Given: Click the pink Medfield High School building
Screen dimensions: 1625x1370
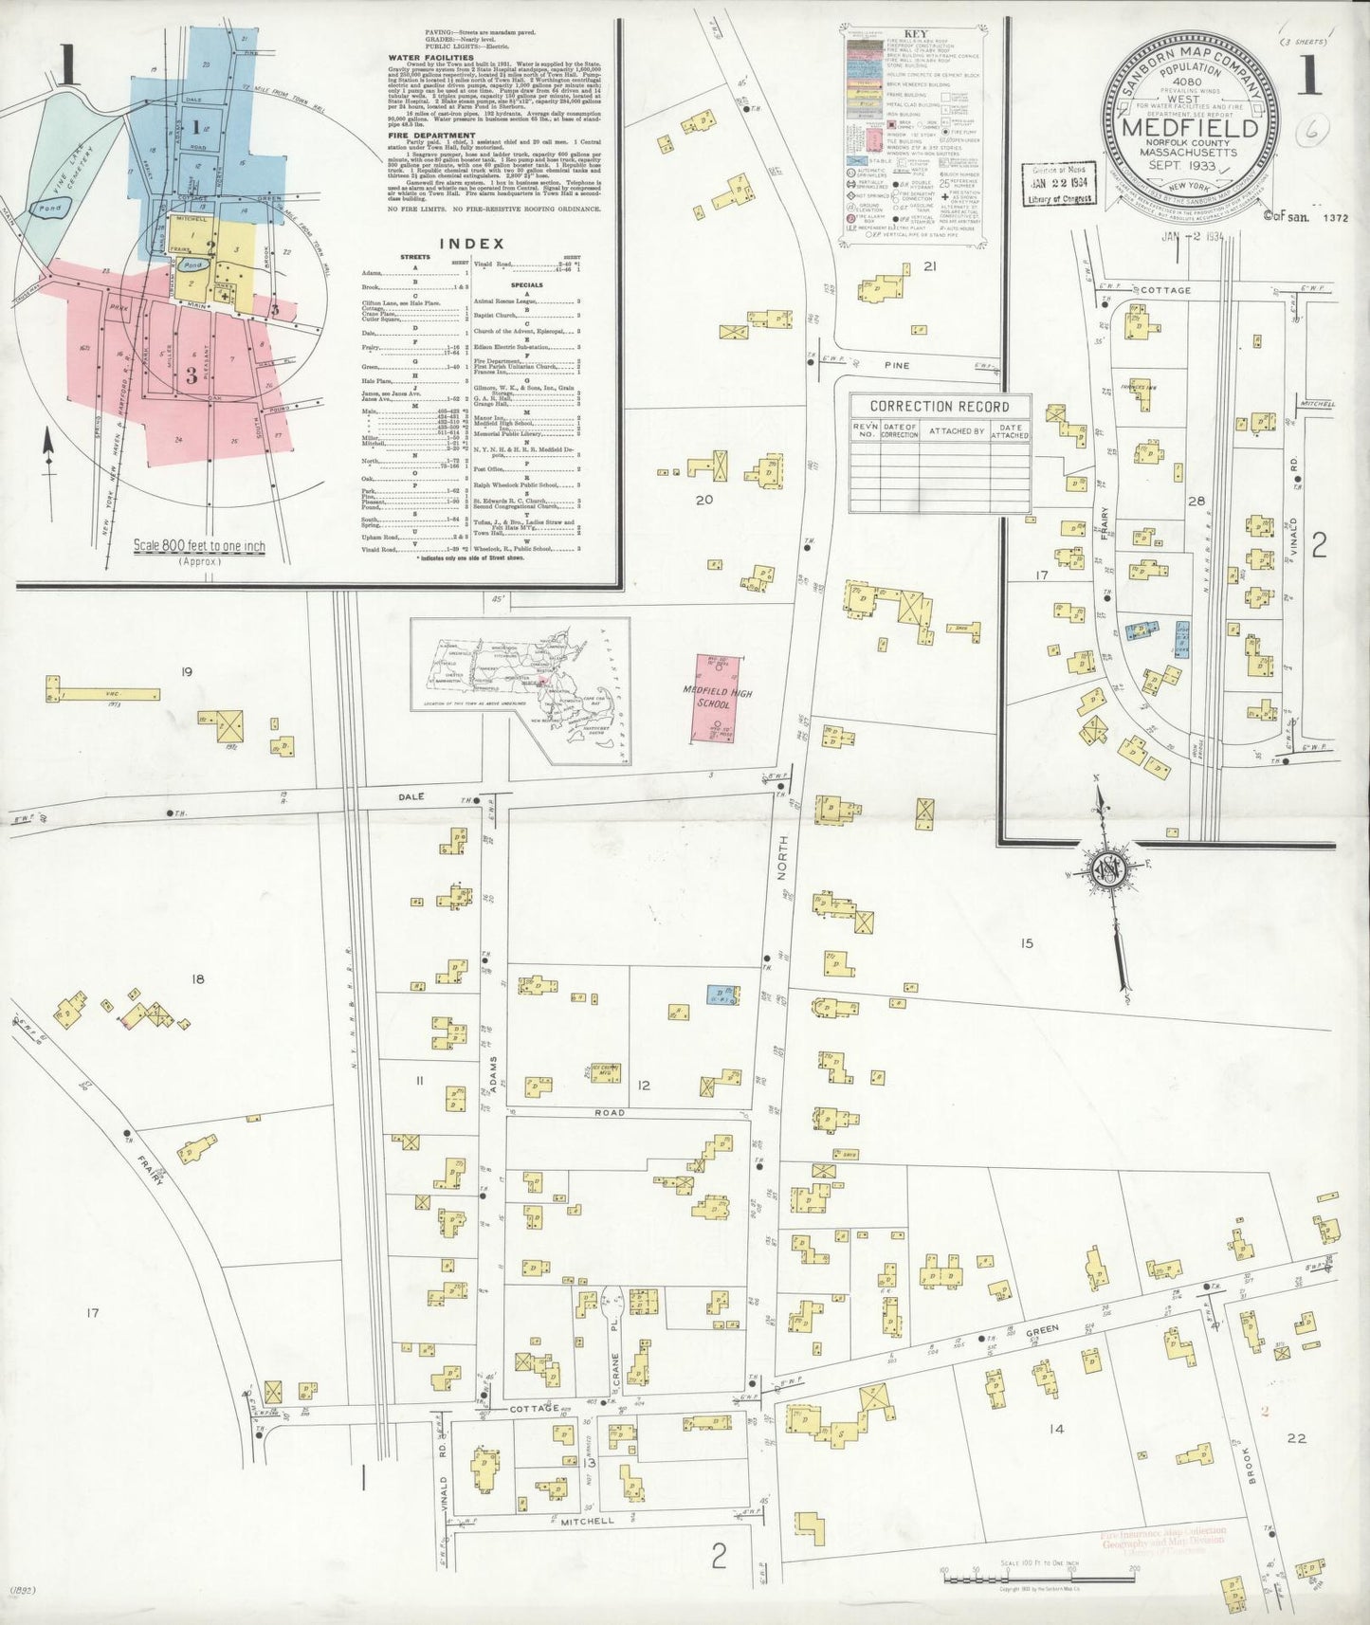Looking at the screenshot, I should click(717, 697).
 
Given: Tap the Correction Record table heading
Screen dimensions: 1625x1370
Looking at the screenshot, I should click(938, 407).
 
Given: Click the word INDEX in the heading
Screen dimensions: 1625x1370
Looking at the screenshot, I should click(471, 244).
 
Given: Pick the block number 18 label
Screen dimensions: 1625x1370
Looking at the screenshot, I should click(197, 979).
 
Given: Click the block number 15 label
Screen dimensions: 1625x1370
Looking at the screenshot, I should click(1026, 942).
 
